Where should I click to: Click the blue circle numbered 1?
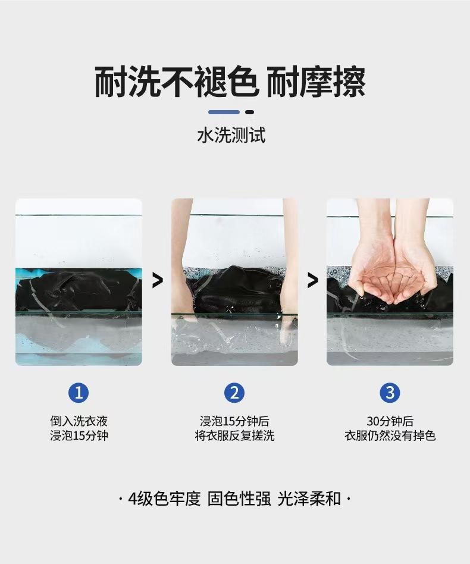(79, 393)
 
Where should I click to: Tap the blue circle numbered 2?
(234, 393)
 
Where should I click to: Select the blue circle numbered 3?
(390, 393)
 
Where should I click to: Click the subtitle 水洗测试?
(231, 135)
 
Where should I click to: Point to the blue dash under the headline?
(224, 112)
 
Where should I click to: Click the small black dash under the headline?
(249, 112)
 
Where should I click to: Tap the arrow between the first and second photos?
(158, 280)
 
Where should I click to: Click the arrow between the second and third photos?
(313, 280)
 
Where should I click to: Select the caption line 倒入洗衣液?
(79, 421)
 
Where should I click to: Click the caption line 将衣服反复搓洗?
(234, 435)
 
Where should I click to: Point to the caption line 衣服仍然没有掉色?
(390, 435)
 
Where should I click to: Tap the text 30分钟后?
(390, 421)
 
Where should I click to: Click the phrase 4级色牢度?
(164, 499)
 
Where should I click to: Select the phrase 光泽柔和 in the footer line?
(309, 499)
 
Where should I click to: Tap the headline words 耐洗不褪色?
(176, 82)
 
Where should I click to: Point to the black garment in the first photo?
(79, 290)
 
